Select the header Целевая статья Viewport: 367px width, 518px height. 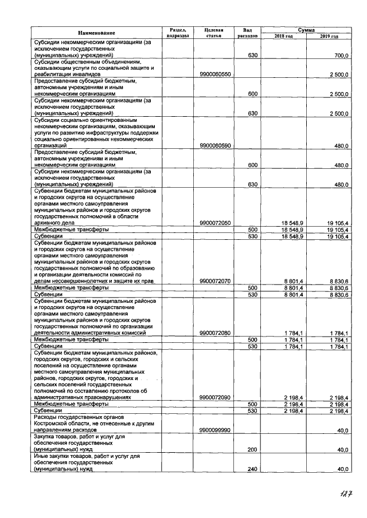213,33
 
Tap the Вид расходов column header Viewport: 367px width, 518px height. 248,33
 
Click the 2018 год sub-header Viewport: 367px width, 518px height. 283,36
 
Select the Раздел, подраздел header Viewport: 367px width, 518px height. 177,33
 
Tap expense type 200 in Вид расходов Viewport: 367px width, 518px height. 252,450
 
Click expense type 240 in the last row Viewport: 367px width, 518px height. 252,469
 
